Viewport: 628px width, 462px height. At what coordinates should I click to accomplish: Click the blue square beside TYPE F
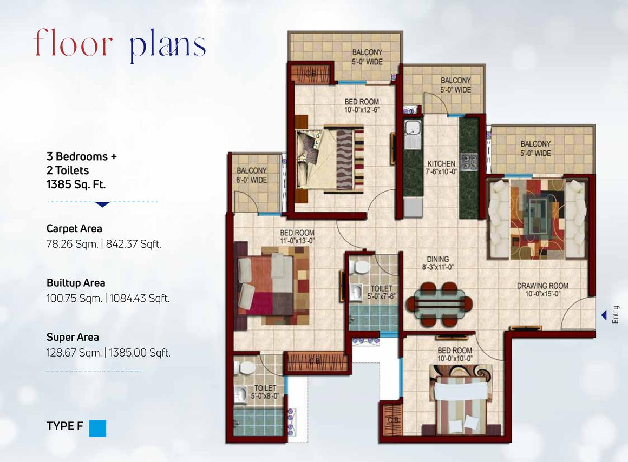tap(97, 428)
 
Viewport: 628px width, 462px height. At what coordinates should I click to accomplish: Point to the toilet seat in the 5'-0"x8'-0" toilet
tap(247, 368)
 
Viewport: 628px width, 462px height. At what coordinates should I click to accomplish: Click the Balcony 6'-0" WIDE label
tap(252, 175)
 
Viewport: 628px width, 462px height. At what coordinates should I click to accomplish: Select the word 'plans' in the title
tap(168, 45)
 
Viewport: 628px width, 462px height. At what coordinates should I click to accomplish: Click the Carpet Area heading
tap(74, 229)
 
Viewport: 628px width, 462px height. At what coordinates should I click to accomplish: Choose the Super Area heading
tap(73, 338)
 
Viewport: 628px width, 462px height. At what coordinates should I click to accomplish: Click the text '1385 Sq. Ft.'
tap(76, 184)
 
